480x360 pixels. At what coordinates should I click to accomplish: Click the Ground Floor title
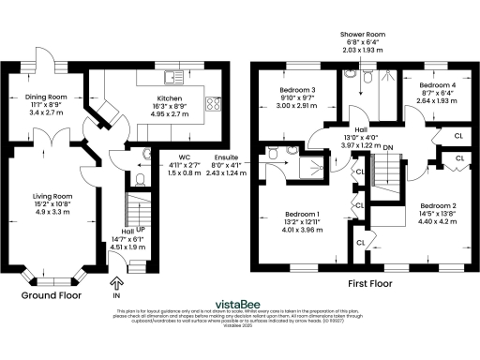point(48,293)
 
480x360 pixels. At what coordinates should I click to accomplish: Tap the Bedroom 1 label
point(302,214)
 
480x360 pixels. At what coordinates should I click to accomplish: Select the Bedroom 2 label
point(437,205)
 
